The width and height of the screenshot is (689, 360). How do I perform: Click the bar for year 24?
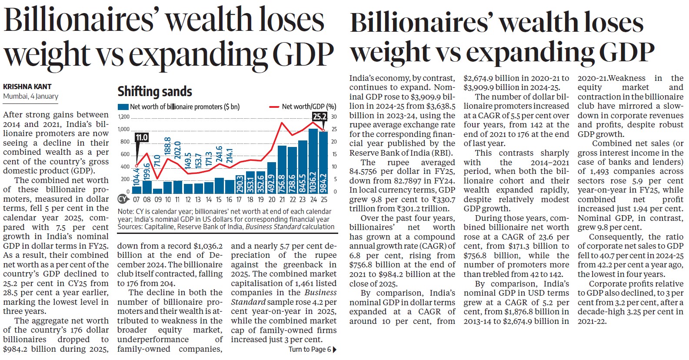click(313, 161)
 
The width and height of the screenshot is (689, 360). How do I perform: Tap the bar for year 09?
click(157, 190)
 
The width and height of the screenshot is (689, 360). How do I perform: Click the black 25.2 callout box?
click(320, 117)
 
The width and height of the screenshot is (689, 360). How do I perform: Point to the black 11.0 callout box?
click(142, 137)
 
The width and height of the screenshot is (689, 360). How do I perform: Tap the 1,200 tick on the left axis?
click(124, 117)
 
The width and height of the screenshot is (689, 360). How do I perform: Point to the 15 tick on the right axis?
click(334, 154)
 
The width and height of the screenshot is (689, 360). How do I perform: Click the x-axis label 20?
click(272, 200)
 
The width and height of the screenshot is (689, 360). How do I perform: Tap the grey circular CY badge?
click(123, 199)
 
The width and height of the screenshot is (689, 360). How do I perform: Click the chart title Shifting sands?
click(155, 92)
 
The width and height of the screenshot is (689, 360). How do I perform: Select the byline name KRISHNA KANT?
click(27, 87)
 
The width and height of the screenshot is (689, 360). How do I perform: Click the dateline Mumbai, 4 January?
click(30, 96)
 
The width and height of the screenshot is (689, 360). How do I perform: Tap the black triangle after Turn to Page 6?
click(334, 350)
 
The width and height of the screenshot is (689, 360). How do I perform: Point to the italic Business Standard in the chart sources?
click(273, 227)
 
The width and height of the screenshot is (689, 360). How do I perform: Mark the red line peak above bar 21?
click(282, 123)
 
